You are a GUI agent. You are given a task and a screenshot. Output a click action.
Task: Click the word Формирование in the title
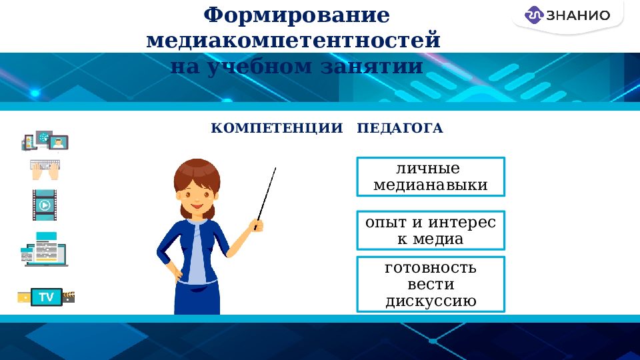coord(297,15)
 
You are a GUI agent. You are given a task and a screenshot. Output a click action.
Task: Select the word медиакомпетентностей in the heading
coord(293,40)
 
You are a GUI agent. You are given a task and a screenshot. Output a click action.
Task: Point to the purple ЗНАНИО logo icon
coord(535,15)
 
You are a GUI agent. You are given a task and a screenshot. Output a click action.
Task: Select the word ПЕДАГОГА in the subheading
coord(400,128)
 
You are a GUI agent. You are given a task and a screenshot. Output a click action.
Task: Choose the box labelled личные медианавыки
coord(431,177)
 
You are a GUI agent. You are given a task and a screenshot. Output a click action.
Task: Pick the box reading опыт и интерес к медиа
coord(431,231)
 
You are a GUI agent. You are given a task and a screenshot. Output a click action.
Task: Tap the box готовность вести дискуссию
coord(431,284)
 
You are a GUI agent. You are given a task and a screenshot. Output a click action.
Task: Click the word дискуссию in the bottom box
coord(431,301)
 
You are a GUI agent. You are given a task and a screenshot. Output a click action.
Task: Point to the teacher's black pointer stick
coord(267,193)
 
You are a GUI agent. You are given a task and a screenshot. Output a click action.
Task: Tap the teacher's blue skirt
coord(197,297)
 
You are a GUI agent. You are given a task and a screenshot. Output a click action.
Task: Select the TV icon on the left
coord(46,297)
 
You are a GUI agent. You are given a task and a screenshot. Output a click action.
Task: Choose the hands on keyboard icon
coord(45,169)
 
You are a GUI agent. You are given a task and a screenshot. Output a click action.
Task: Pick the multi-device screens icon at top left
coord(45,141)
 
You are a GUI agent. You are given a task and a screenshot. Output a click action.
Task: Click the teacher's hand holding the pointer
coord(257,225)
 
